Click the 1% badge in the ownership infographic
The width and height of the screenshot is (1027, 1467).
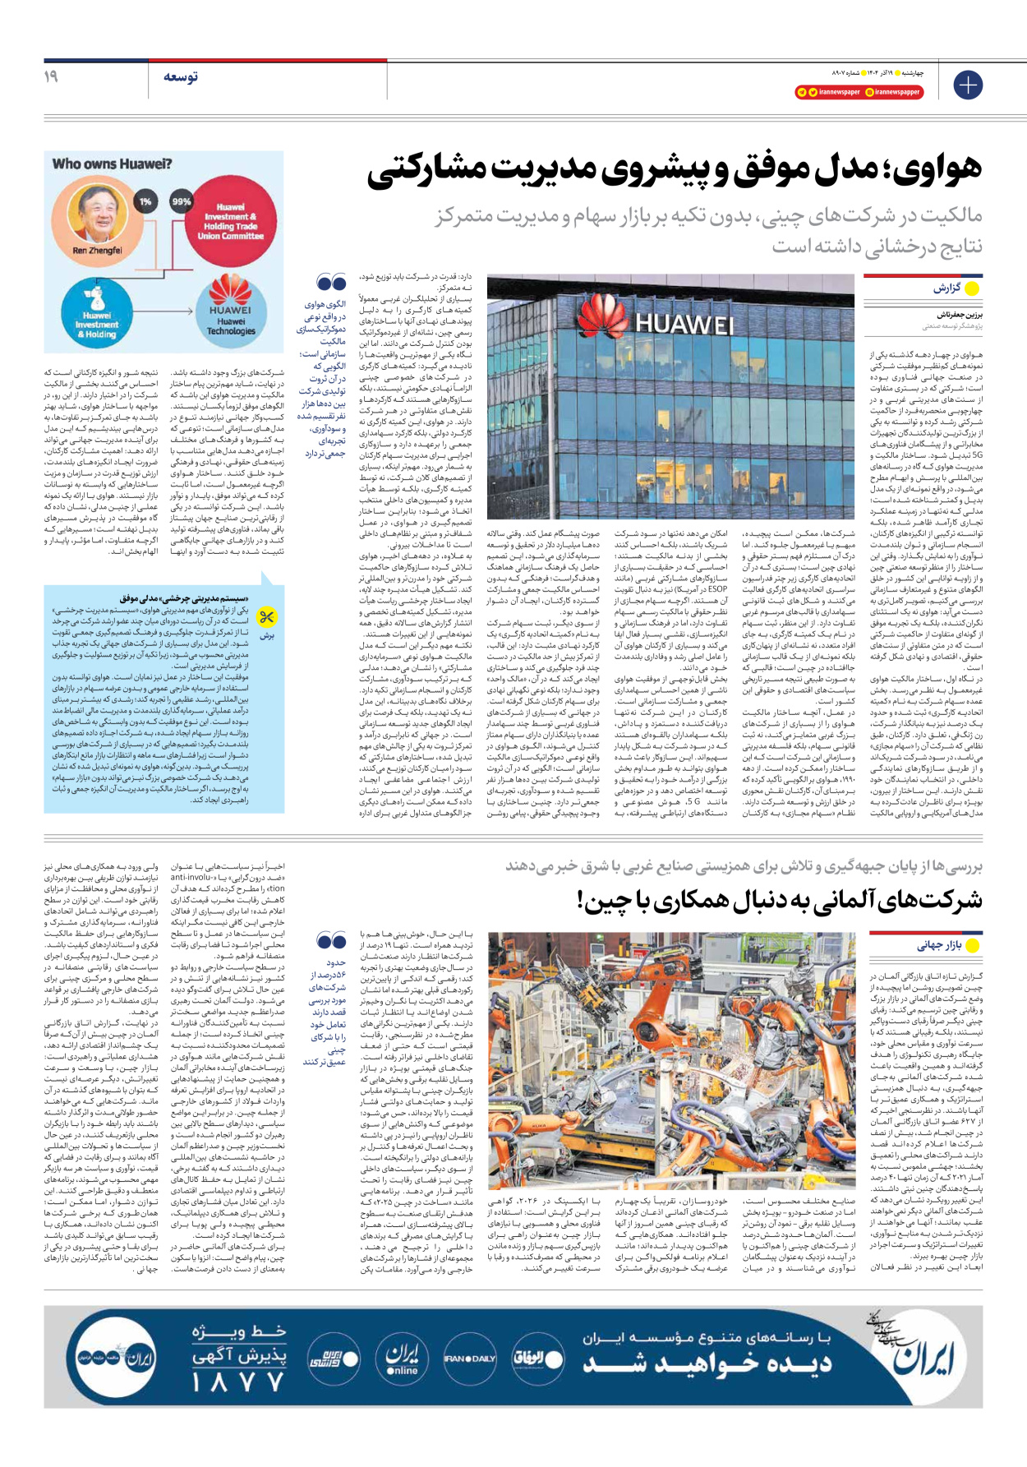point(145,201)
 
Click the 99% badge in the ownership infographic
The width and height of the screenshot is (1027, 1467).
point(181,201)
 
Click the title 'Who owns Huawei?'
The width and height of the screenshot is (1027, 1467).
point(112,164)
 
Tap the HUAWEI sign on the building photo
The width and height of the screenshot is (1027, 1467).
point(685,323)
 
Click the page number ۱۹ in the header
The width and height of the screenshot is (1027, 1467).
point(51,76)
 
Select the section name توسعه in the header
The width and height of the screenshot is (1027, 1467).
point(180,77)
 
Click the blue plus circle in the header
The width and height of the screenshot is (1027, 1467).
point(968,85)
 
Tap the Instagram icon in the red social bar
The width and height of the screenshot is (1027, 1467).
point(869,92)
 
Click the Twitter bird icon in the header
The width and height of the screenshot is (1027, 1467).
point(813,92)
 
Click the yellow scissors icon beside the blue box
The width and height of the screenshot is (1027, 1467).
point(267,617)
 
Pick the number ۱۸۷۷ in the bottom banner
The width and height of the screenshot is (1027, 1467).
point(237,1382)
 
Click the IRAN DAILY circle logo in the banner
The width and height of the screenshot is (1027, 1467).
point(469,1359)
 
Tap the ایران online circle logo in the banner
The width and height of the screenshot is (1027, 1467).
point(403,1359)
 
